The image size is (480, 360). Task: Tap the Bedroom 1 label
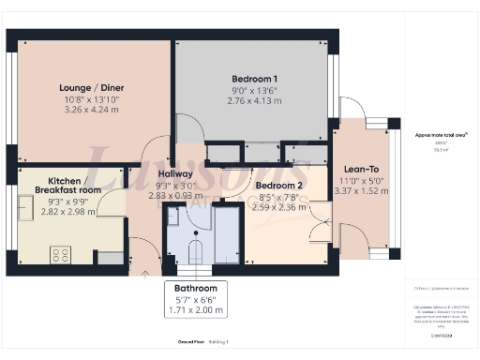pyautogui.click(x=255, y=79)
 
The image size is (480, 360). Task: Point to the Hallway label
pyautogui.click(x=175, y=174)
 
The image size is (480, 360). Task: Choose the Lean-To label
pyautogui.click(x=354, y=170)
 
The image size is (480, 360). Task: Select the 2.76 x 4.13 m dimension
pyautogui.click(x=255, y=100)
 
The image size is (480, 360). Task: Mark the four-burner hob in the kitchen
pyautogui.click(x=60, y=254)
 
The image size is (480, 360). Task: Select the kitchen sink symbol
pyautogui.click(x=109, y=257)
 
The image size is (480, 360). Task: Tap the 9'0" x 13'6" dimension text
pyautogui.click(x=255, y=90)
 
